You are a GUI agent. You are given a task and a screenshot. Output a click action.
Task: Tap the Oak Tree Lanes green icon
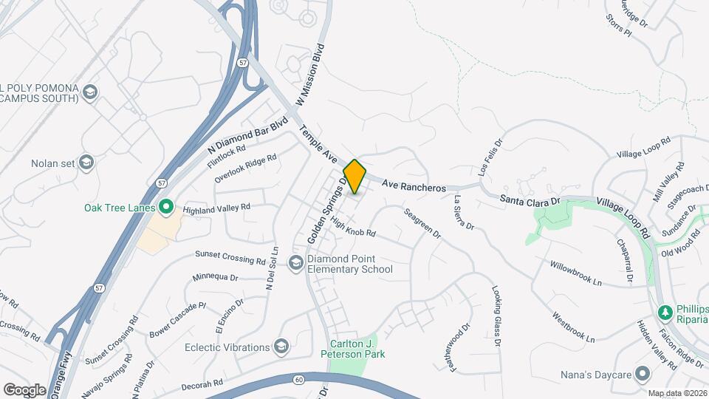166,208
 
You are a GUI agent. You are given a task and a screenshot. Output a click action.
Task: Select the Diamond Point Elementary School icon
296,264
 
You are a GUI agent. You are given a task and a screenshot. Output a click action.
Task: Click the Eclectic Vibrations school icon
281,346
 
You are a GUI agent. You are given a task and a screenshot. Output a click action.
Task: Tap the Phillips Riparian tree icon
664,313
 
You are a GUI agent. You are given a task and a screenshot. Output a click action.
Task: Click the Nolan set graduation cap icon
86,163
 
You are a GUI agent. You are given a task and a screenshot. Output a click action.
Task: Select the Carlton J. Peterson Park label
357,349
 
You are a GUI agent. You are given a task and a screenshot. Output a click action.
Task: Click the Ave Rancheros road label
414,188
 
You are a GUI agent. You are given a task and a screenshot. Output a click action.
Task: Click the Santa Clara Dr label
530,199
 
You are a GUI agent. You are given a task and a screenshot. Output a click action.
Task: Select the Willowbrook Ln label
576,273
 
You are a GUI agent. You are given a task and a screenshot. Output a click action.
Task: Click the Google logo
24,389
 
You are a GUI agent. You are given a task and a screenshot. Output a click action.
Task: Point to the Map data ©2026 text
677,393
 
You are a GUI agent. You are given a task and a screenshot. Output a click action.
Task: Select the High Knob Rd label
353,227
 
